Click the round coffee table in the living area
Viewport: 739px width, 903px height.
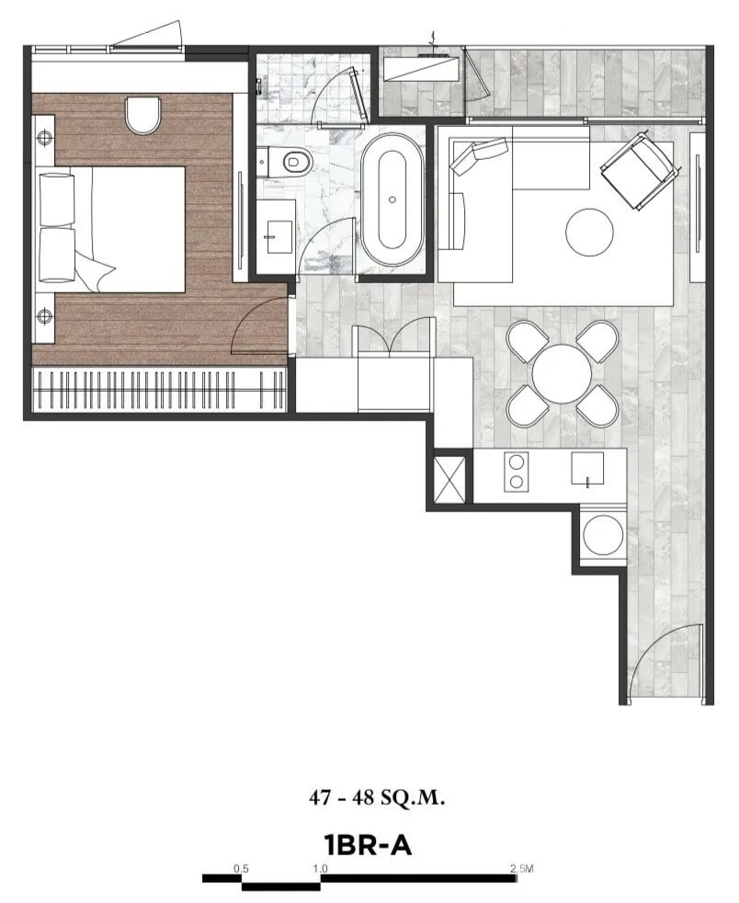pos(589,232)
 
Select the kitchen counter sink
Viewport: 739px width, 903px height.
pos(586,470)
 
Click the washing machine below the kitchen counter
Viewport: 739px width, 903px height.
pos(604,534)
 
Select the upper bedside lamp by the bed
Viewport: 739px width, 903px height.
pos(44,139)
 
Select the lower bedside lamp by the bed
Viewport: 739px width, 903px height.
pos(44,317)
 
